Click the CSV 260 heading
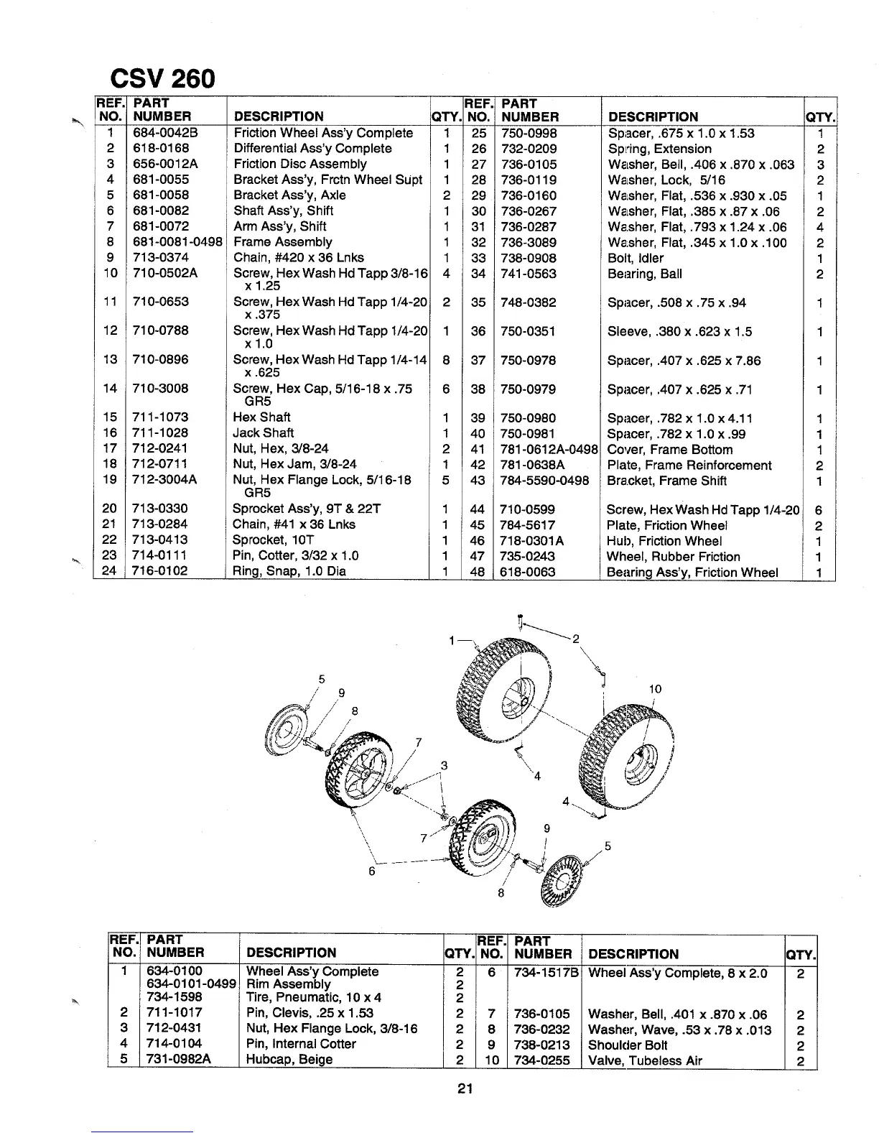click(x=161, y=78)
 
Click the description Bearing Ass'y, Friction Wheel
click(x=692, y=573)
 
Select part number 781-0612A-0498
click(x=549, y=450)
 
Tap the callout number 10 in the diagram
click(x=655, y=690)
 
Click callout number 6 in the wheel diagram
click(x=371, y=871)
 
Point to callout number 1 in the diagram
click(x=451, y=639)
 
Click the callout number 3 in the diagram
click(x=444, y=766)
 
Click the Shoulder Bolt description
click(x=626, y=1045)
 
